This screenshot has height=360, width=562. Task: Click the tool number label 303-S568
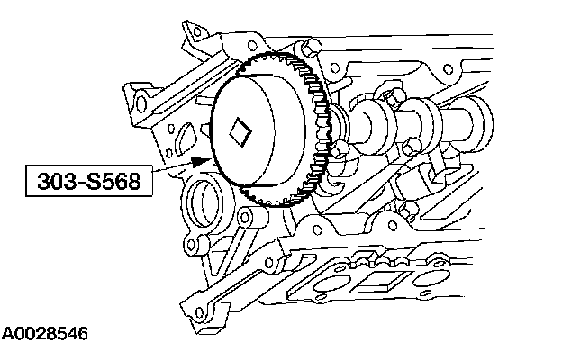pos(89,181)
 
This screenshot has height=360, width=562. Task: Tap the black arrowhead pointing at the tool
pos(200,162)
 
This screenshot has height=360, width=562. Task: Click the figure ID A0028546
pos(45,334)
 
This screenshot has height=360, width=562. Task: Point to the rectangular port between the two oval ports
pos(381,282)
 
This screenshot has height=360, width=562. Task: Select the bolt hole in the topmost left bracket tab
pos(196,32)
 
